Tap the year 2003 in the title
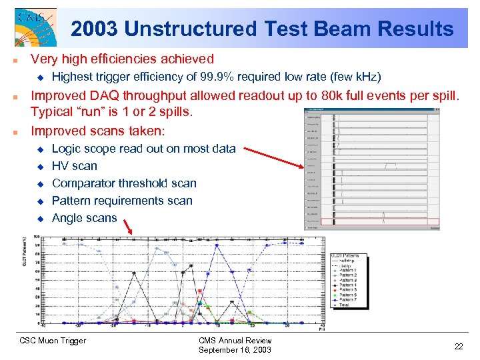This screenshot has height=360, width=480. (x=93, y=29)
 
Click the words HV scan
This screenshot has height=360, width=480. (x=74, y=166)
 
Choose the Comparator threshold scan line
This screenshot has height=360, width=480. (x=124, y=183)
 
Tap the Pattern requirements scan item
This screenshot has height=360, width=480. (x=122, y=201)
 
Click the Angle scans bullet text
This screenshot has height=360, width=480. (x=84, y=218)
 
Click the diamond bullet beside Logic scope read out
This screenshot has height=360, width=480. (x=39, y=149)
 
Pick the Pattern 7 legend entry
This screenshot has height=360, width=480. (x=347, y=301)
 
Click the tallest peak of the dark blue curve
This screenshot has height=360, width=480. (x=217, y=245)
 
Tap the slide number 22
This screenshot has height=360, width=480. (x=458, y=346)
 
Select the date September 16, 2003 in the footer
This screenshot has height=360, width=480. (x=235, y=350)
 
